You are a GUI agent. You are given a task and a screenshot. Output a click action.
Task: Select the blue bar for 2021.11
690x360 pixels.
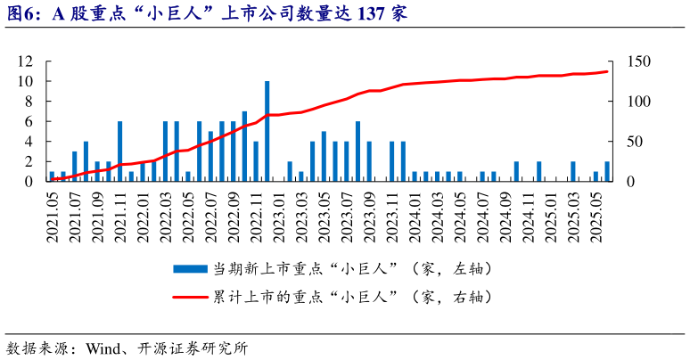point(119,151)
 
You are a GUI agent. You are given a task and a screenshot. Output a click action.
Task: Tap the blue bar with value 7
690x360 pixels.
point(244,146)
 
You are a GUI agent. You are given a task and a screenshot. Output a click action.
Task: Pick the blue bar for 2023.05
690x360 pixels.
point(324,157)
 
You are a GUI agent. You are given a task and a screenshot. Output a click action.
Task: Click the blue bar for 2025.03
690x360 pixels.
point(573,171)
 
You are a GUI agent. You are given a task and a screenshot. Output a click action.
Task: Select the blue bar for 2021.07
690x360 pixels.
point(75,167)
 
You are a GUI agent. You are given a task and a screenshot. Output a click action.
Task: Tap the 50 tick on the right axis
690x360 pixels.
point(637,142)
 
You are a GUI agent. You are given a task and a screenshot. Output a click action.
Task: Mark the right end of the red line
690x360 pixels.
point(607,71)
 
